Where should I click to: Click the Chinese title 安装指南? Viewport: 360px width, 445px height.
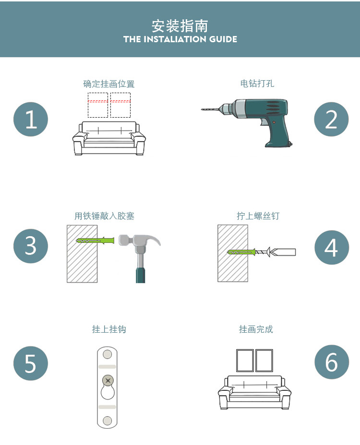[180, 25]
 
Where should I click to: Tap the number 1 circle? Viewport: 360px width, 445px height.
[31, 119]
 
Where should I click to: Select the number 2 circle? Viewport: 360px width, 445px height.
[331, 119]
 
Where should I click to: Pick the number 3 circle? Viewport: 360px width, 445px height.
[31, 246]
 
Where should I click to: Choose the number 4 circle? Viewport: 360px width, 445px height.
[331, 248]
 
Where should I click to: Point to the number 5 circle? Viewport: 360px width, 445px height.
[31, 363]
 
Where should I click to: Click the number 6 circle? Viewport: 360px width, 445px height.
[331, 362]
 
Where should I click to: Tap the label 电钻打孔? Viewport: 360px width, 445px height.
[257, 84]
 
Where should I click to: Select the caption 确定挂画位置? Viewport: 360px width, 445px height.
[109, 84]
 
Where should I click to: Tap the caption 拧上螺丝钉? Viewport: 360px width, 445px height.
[258, 216]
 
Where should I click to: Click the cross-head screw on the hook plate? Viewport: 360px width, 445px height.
[108, 381]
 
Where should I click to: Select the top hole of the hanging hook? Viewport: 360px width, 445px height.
[108, 354]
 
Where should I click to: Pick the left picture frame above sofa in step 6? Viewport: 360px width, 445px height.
[245, 361]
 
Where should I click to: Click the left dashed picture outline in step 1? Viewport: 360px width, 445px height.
[98, 105]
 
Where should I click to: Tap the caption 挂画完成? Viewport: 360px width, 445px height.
[256, 329]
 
